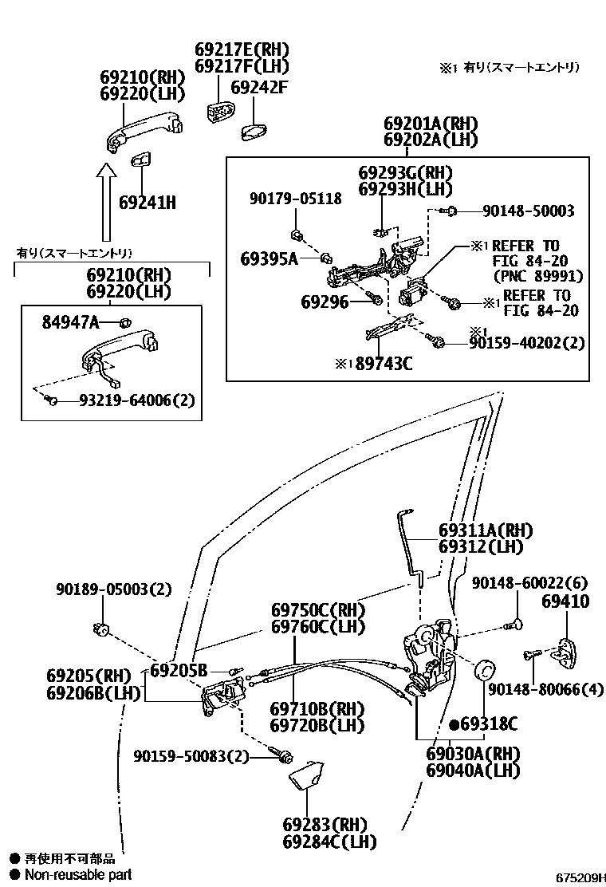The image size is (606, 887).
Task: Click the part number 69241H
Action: (148, 203)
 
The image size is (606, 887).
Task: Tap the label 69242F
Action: (258, 87)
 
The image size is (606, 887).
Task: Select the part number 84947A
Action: (70, 322)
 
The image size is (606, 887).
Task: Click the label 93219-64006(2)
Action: (136, 400)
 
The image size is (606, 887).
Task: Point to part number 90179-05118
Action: (294, 199)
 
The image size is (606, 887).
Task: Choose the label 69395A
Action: (269, 258)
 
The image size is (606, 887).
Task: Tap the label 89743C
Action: (384, 364)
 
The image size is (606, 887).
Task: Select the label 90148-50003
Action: (528, 211)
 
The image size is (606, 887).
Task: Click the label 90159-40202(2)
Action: (527, 343)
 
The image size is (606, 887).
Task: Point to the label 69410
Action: (565, 601)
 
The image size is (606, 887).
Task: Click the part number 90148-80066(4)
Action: (545, 688)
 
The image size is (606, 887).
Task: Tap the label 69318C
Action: (489, 724)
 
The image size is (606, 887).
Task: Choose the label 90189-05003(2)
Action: (113, 589)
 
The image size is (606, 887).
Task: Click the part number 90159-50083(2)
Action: (191, 755)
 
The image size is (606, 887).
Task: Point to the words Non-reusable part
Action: (77, 875)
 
